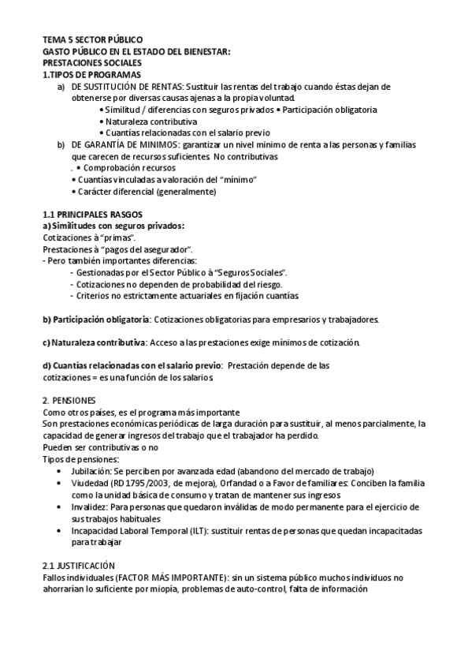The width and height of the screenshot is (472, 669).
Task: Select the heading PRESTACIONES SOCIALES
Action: tap(91, 62)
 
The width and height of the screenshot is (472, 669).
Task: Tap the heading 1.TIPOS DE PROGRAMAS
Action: tap(91, 74)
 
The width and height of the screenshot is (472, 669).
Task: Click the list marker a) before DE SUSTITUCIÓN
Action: tap(61, 86)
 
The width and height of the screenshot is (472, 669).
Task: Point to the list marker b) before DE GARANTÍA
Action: tap(61, 144)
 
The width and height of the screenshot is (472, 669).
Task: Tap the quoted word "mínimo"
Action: tap(239, 180)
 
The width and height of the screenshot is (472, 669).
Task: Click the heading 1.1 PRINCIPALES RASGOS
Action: tap(88, 215)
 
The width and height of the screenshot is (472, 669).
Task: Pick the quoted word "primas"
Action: tap(118, 237)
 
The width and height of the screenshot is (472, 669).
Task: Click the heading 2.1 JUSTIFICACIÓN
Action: tap(78, 566)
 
